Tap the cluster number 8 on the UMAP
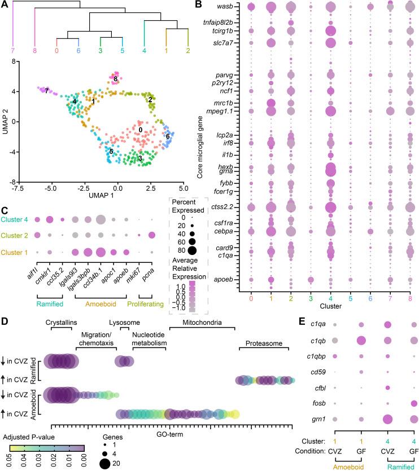click(x=115, y=80)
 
